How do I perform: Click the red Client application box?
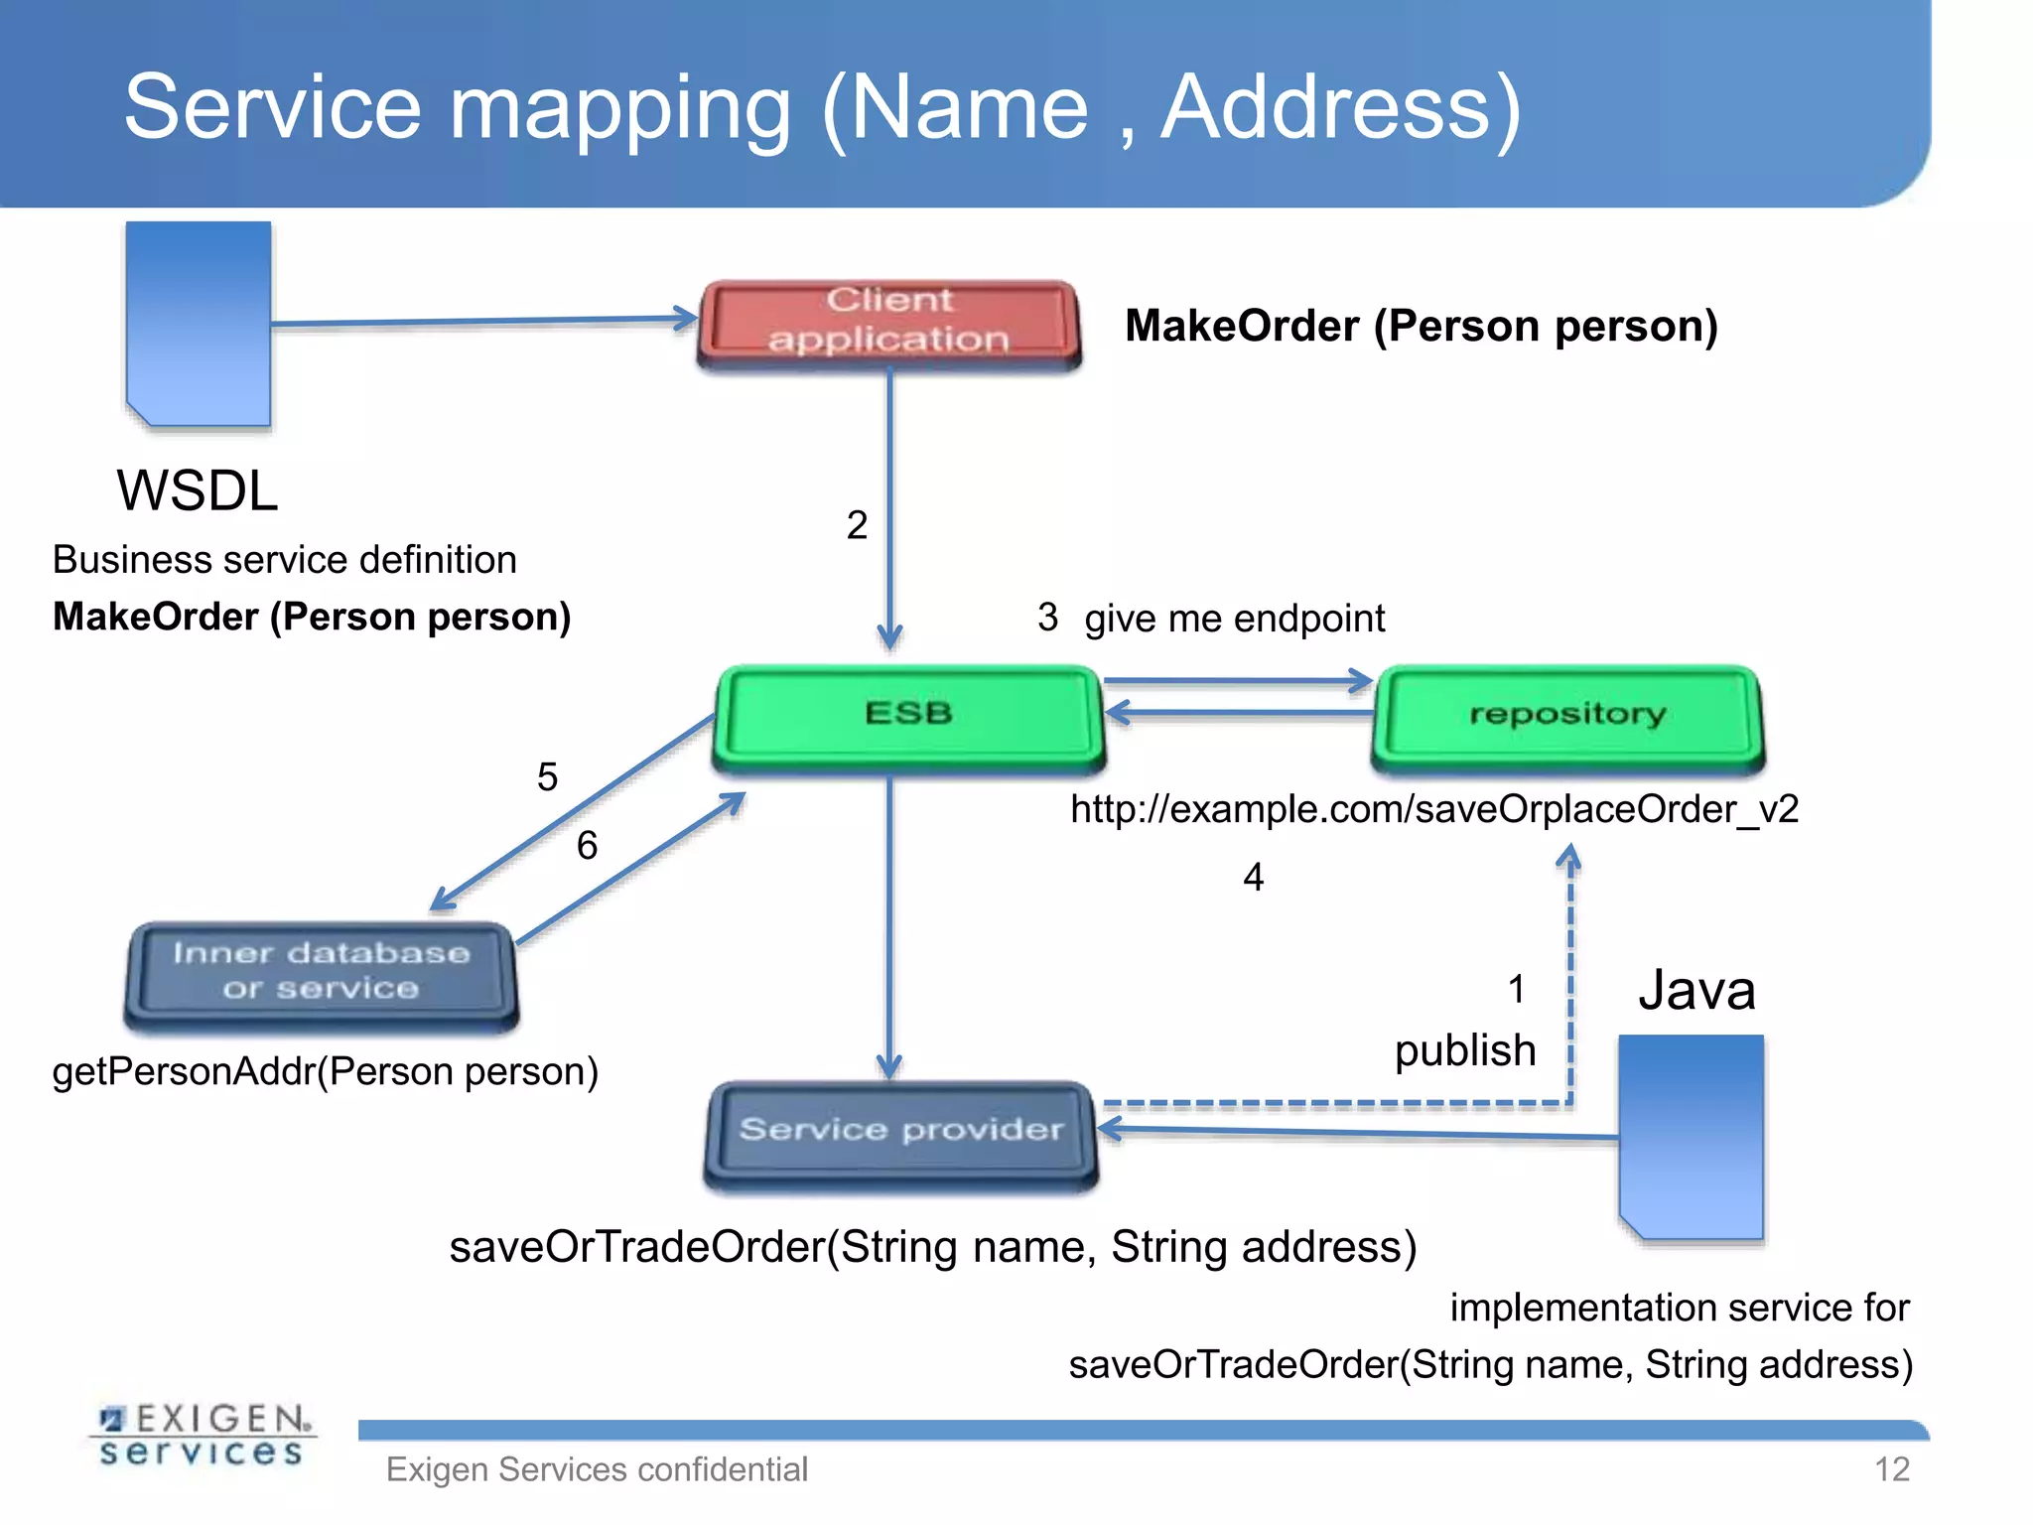889,323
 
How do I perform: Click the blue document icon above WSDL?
199,323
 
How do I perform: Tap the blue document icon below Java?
1692,1137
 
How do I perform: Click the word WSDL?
197,490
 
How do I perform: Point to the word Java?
1696,991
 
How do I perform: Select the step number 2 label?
857,525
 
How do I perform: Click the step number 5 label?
547,776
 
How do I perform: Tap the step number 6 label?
587,846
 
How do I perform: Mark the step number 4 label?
1254,878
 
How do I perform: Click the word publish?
1465,1050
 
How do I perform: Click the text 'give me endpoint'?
1234,619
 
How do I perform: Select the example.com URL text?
1434,809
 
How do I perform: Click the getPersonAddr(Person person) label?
325,1072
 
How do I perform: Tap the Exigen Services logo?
203,1436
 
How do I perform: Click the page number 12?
1892,1469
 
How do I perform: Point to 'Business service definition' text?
284,560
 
